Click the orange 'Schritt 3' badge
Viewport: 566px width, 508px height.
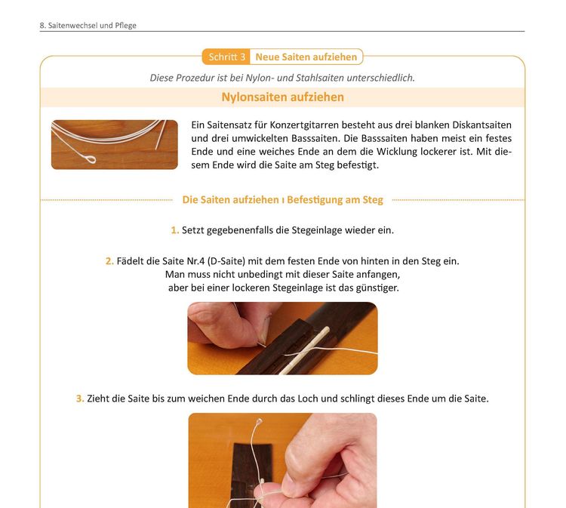(226, 57)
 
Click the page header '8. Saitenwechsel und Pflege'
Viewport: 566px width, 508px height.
(88, 25)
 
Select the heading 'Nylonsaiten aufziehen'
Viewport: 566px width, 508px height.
(283, 97)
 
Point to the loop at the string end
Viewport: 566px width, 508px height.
(91, 159)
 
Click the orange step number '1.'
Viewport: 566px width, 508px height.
(175, 230)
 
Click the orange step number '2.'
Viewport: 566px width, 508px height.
(109, 261)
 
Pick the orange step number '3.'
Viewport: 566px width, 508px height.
(80, 399)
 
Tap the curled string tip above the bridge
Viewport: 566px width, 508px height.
(259, 421)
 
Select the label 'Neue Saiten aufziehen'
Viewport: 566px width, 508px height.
(306, 57)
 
